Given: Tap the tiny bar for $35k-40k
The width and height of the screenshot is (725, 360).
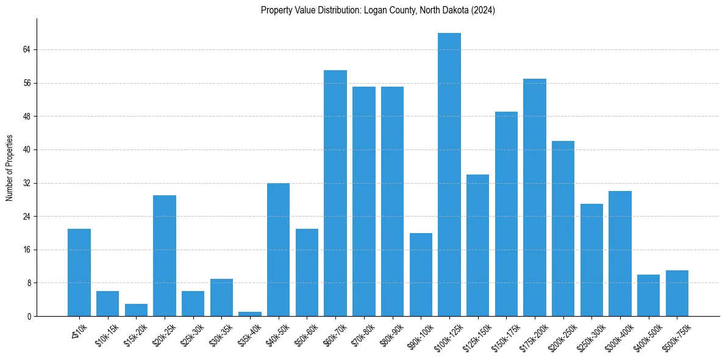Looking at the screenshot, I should [250, 314].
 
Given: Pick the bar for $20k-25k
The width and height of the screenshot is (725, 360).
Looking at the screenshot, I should [165, 256].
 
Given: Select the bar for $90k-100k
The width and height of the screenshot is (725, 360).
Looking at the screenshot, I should [421, 275].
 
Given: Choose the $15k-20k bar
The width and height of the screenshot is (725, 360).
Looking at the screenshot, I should [136, 310].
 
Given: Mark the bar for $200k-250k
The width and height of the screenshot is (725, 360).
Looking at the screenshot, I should [563, 228].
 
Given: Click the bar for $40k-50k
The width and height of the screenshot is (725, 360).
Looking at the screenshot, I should [278, 250].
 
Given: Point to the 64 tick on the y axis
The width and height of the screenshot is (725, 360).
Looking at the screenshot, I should [27, 49].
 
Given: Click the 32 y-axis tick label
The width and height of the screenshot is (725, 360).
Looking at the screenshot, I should [27, 183].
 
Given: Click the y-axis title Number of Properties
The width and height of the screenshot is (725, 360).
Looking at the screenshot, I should [9, 167].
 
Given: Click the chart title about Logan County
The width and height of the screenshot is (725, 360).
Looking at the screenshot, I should [377, 10].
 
